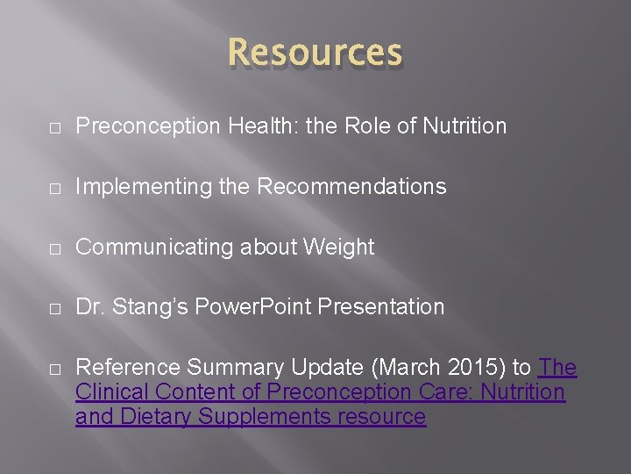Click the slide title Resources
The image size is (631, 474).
(315, 54)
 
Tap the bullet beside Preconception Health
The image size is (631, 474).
(55, 127)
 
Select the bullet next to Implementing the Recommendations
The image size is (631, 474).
(55, 188)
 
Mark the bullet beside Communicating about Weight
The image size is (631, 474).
(55, 248)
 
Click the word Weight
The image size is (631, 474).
(339, 248)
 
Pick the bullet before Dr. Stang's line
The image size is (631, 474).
(55, 308)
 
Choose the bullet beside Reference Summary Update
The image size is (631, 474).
(55, 369)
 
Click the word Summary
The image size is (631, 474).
(223, 368)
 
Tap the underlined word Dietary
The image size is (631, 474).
(153, 417)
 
